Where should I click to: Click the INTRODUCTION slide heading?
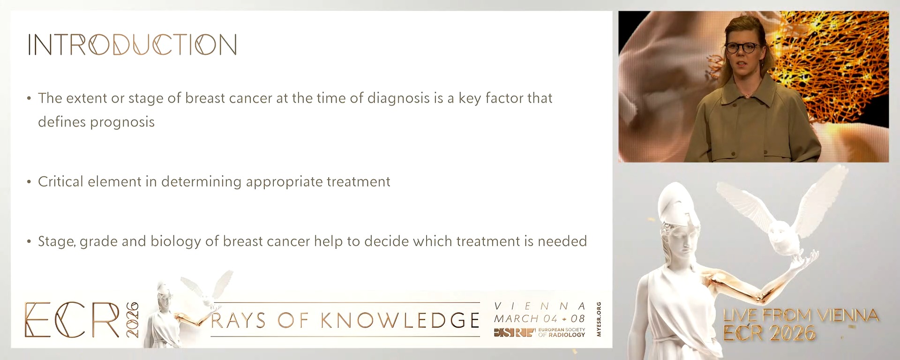pos(133,45)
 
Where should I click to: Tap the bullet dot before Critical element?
pos(29,182)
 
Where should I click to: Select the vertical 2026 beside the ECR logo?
pos(132,320)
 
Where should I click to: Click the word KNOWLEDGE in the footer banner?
pos(400,321)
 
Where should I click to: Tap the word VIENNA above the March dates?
pos(540,306)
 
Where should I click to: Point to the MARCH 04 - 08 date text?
pos(540,319)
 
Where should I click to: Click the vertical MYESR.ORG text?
pos(599,319)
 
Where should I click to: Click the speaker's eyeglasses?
pos(742,47)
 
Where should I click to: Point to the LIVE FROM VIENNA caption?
pos(801,315)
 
